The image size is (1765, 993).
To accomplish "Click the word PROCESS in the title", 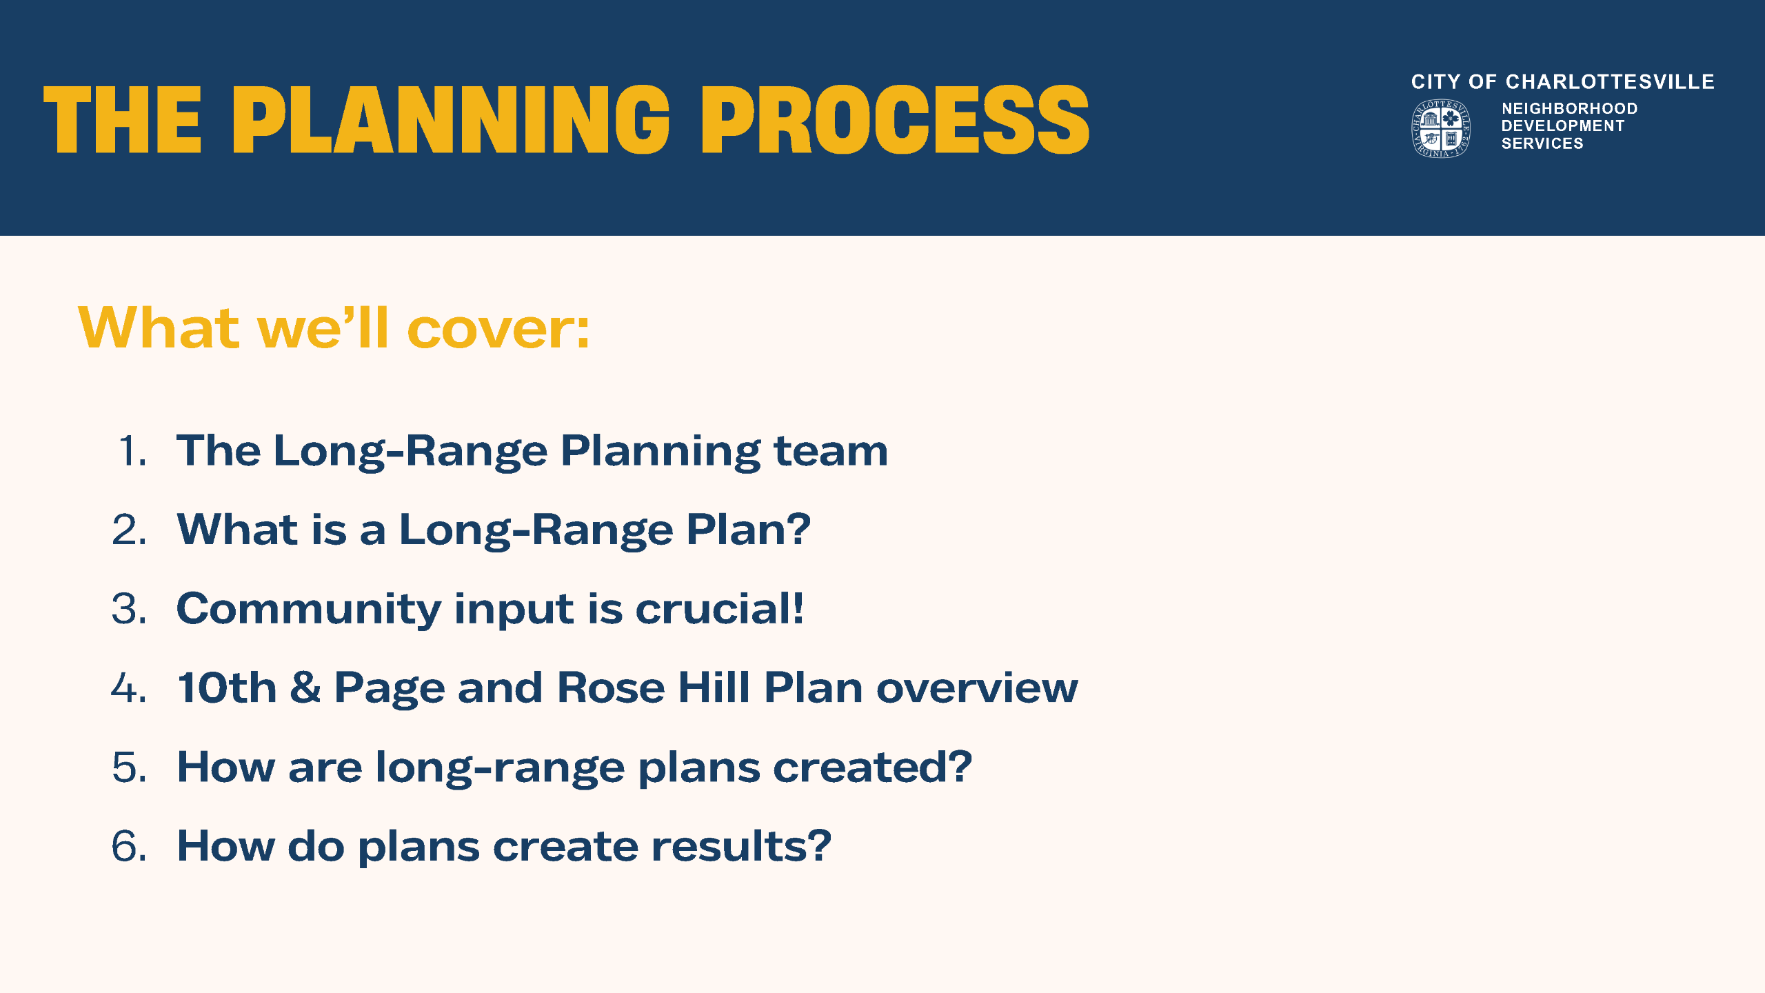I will [895, 121].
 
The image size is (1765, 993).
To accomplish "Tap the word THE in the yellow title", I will [122, 121].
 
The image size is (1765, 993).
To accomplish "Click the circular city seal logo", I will [1440, 128].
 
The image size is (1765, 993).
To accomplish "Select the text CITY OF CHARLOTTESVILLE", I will [1562, 82].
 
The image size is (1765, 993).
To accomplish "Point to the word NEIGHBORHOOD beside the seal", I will [1569, 109].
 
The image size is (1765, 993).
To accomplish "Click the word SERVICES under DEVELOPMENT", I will [1542, 143].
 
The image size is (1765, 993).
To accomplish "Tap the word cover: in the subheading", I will [498, 329].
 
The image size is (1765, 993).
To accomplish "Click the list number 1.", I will [131, 452].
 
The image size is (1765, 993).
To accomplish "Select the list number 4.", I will [129, 688].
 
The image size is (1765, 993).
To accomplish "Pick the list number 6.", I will [129, 846].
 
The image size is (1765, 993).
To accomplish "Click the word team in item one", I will [830, 452].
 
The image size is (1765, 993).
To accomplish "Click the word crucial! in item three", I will [719, 610].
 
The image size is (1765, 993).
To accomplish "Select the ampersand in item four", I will [305, 688].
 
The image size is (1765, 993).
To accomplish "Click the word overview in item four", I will [976, 688].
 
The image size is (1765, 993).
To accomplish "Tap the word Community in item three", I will [308, 610].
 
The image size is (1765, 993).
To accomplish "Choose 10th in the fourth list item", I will [227, 688].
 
